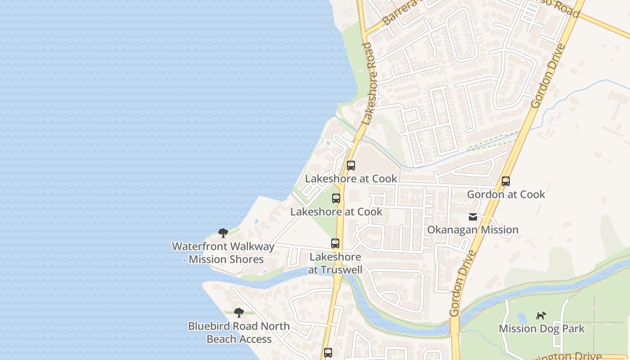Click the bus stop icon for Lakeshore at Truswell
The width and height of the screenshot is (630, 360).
coord(335,243)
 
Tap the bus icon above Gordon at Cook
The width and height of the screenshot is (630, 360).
coord(506,181)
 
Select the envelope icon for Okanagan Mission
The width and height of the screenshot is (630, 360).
coord(473,217)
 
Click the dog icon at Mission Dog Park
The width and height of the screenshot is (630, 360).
coord(541,315)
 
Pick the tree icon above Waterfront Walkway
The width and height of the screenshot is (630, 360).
coord(223,233)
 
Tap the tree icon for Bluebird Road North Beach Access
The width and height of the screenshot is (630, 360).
coord(239,312)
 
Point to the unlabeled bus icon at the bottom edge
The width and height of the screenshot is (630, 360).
coord(328,353)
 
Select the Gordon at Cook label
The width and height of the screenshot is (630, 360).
coord(506,194)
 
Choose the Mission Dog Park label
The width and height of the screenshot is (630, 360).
coord(541,328)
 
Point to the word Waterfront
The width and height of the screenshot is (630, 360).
coord(202,247)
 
